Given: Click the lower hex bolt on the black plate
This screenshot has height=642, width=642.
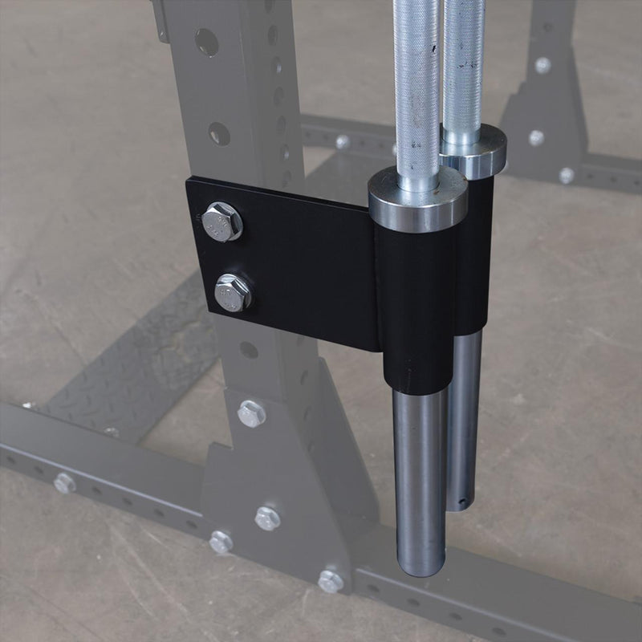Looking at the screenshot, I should pos(233,292).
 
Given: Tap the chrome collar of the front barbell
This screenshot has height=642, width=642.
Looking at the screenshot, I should pos(418,201).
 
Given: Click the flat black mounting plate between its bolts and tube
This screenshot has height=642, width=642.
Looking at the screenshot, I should pos(313,265).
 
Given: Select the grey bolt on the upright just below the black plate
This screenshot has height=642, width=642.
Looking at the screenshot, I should pos(251,413).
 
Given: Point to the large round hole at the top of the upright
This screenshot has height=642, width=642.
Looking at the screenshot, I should pos(206,42).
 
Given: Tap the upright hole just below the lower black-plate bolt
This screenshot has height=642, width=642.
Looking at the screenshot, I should pos(249,350).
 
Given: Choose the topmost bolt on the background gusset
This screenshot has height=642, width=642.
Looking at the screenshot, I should pos(542,65).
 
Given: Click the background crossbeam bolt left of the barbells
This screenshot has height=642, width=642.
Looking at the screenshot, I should pos(343,142).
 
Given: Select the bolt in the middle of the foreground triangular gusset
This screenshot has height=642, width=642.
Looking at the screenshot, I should pos(267,518).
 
